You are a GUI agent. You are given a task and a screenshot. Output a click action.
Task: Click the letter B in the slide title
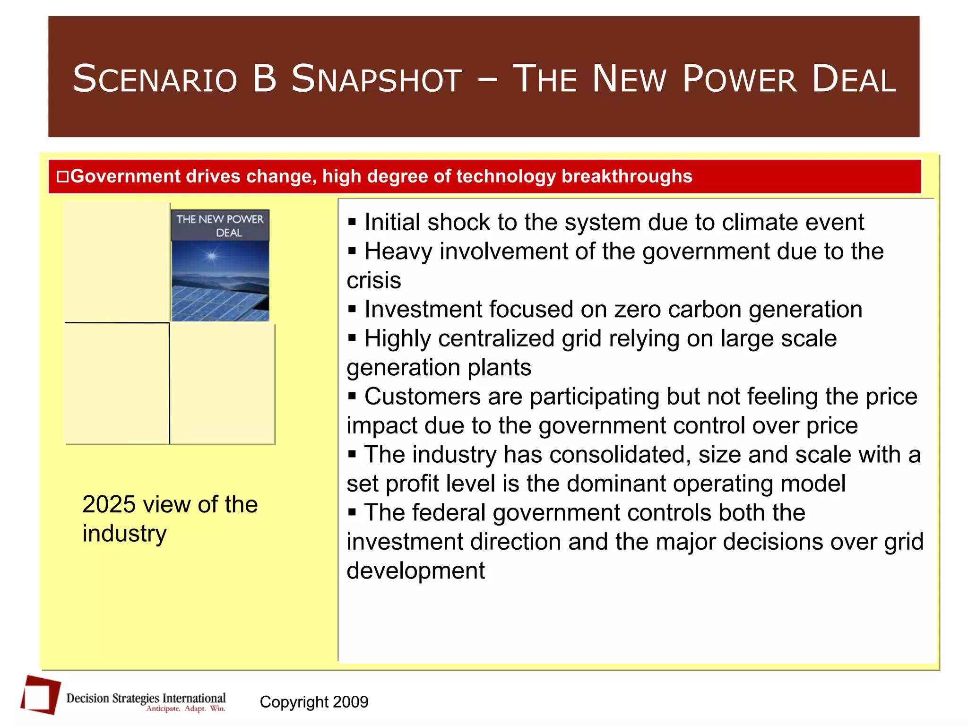tap(264, 79)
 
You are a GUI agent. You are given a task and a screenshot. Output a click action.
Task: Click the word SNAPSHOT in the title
tap(376, 79)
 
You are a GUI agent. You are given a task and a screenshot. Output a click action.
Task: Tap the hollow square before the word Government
tap(62, 177)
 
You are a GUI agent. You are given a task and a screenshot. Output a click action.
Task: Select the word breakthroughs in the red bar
tap(627, 176)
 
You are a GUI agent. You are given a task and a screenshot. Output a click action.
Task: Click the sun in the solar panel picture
tap(211, 256)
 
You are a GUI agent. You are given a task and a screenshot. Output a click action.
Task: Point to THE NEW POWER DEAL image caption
tap(220, 226)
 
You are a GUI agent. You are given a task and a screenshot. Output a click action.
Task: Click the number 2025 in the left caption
tap(109, 504)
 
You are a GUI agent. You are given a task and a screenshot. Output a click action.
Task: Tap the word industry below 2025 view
tap(124, 534)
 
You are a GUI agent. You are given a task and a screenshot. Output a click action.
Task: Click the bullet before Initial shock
tap(352, 222)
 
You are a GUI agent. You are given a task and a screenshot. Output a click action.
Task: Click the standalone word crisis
tap(373, 280)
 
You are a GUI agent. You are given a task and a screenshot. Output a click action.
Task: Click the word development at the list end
tap(415, 571)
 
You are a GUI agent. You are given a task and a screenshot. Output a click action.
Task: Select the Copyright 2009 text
tap(314, 702)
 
